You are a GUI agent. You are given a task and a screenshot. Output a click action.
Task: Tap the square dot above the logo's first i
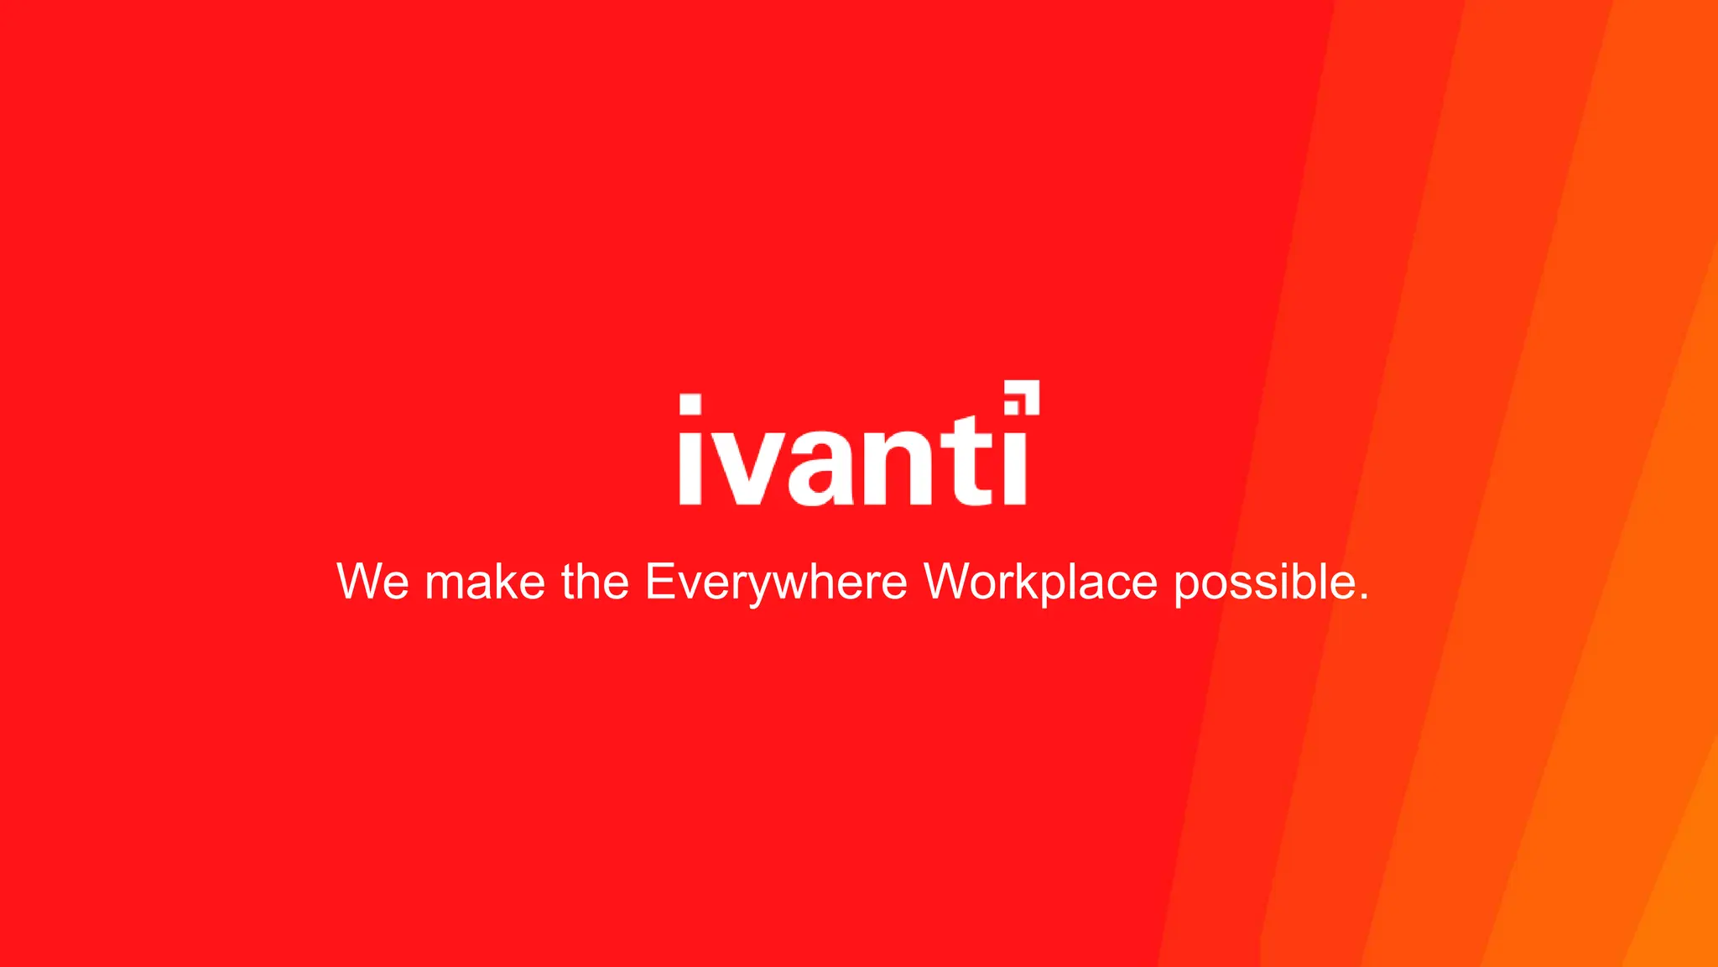pyautogui.click(x=690, y=404)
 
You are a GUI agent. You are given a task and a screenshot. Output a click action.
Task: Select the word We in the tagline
pyautogui.click(x=372, y=581)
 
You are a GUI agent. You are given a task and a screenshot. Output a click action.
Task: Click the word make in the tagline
pyautogui.click(x=485, y=581)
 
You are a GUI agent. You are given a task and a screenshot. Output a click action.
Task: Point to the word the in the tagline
pyautogui.click(x=595, y=581)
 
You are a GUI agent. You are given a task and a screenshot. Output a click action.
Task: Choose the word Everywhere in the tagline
pyautogui.click(x=776, y=581)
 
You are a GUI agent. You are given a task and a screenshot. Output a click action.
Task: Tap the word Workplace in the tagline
pyautogui.click(x=1040, y=581)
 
